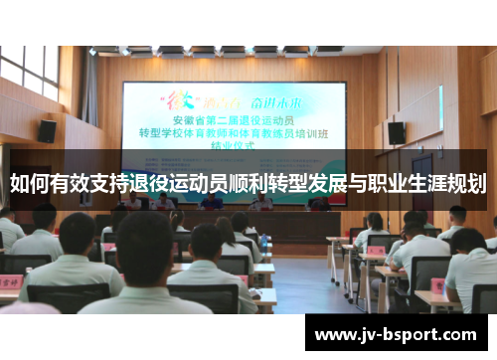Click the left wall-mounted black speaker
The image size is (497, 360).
47,130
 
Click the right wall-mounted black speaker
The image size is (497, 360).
396,132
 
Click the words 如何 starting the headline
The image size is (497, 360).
29,183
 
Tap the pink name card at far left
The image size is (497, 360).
10,281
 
